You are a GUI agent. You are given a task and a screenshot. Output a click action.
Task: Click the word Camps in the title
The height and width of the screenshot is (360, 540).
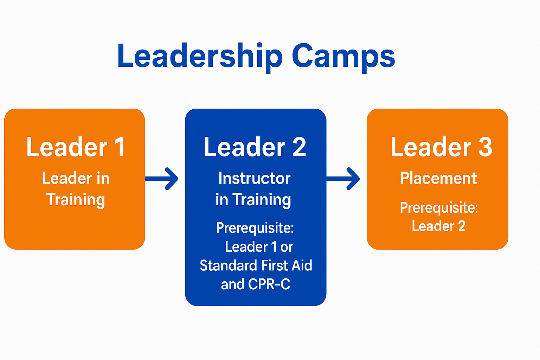coord(343,58)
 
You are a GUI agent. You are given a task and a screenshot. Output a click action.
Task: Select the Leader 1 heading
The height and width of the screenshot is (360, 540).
coord(76,147)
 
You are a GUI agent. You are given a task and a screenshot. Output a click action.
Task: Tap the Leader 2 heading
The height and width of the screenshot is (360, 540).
coord(255,147)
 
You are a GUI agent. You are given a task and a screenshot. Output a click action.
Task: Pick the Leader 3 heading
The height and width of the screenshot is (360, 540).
coord(441,147)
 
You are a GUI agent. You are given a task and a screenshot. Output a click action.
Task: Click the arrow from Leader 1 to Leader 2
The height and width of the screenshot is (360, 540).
coord(161,179)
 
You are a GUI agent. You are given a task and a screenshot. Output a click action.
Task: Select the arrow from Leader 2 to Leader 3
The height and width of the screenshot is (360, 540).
coord(343,179)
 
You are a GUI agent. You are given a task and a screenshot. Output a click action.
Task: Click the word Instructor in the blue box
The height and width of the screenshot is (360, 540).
coord(254,178)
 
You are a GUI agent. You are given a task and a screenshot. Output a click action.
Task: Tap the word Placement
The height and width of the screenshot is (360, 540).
coord(438,178)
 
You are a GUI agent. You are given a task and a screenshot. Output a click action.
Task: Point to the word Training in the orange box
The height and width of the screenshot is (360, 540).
coord(76,200)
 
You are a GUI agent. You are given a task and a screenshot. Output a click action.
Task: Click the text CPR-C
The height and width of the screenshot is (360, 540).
coord(269,284)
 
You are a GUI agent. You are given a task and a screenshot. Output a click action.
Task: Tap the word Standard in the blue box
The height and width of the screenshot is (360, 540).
coord(229,265)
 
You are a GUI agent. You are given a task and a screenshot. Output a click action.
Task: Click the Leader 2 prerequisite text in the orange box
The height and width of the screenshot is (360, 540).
coord(438,226)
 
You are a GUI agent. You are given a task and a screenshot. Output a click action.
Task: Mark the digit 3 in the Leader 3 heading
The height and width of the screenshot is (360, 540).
coord(485,147)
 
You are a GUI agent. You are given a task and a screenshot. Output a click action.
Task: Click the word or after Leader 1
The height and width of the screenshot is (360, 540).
coord(287,247)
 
